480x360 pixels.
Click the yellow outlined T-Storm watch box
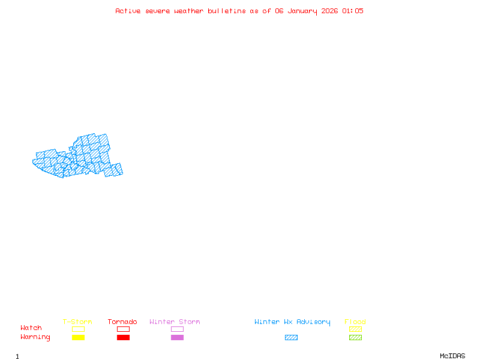(78, 329)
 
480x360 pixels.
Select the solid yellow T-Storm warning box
(78, 337)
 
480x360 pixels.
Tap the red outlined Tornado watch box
(123, 329)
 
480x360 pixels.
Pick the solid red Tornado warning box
(123, 337)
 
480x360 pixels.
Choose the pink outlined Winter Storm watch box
(177, 329)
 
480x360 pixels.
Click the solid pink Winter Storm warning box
(177, 337)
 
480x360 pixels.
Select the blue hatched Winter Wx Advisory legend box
(291, 337)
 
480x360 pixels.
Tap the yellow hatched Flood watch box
(355, 329)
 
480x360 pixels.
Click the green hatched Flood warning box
(355, 337)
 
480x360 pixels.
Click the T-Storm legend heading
(77, 322)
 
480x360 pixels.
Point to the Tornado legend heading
(122, 322)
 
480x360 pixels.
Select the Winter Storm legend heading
(175, 322)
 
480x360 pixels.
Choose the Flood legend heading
(355, 322)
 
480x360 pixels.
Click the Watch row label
(31, 328)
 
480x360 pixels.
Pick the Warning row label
(35, 337)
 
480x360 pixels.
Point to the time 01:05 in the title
(353, 11)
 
